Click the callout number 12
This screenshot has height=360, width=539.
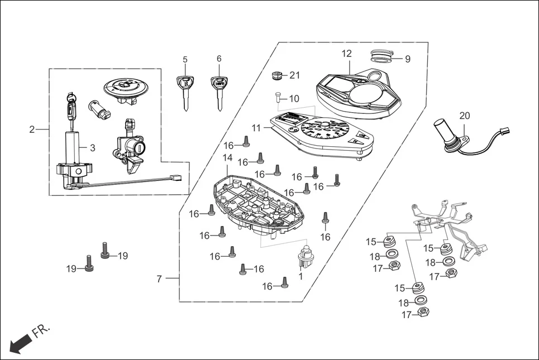click(347, 54)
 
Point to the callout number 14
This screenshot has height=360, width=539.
click(227, 158)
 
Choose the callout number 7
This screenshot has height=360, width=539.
click(159, 279)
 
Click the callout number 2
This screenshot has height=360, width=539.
click(32, 129)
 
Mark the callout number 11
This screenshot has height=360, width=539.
click(256, 128)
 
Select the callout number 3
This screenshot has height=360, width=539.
click(93, 148)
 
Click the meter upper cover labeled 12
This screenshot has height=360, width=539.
click(363, 92)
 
